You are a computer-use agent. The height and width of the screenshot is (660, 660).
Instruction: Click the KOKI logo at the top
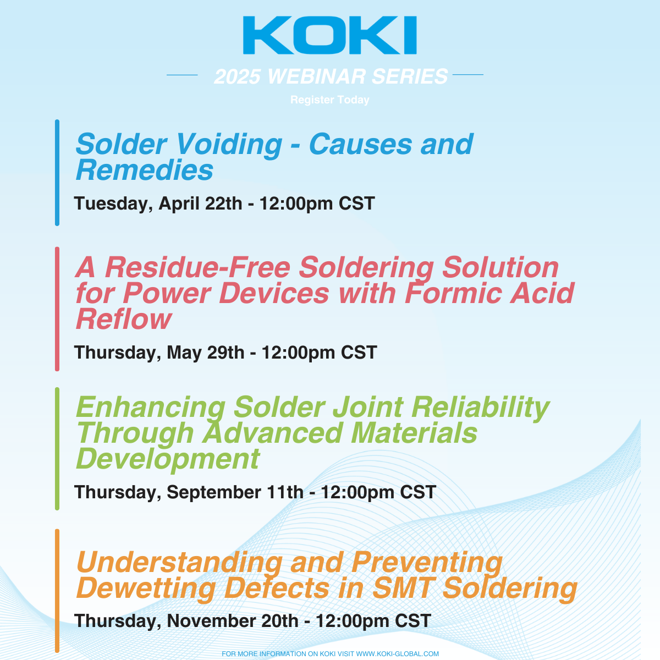329,36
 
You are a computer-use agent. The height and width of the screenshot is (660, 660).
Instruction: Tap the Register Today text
329,100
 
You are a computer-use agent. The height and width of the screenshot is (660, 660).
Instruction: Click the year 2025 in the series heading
238,76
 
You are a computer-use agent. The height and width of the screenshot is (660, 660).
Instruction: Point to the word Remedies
144,170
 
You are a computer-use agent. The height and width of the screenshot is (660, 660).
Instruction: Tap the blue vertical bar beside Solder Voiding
57,173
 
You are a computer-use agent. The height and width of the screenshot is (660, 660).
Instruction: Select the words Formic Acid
490,293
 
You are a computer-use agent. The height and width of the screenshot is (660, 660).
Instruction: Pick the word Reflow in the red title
124,319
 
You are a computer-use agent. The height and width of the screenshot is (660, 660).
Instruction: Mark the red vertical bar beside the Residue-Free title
57,309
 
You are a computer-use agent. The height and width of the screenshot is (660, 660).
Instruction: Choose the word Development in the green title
168,459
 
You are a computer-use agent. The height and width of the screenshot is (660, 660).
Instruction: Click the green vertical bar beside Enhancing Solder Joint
57,448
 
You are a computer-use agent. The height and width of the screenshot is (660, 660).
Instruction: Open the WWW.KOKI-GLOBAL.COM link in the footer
398,654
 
